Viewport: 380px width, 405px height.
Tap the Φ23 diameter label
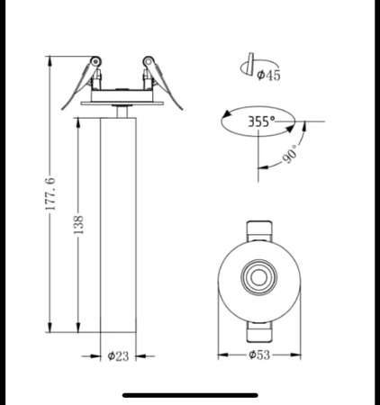pyautogui.click(x=118, y=356)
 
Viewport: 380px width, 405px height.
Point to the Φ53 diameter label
pyautogui.click(x=260, y=356)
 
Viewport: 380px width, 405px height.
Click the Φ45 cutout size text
pyautogui.click(x=267, y=76)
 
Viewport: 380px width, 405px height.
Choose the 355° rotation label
pyautogui.click(x=262, y=120)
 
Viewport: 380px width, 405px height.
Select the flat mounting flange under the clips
pyautogui.click(x=120, y=102)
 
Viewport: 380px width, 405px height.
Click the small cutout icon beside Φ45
pyautogui.click(x=244, y=66)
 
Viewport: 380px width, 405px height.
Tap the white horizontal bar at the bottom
pyautogui.click(x=189, y=393)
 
